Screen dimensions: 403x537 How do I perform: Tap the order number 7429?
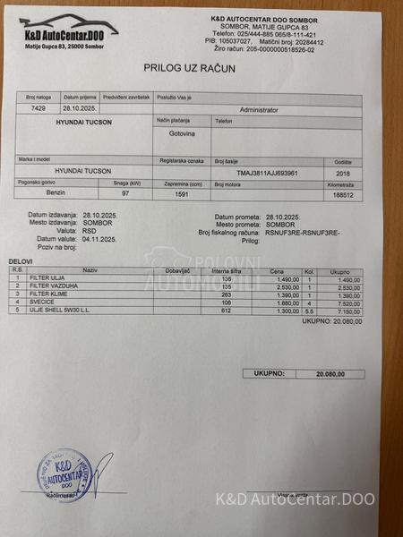click(39, 107)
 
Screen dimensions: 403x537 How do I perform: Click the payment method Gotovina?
click(182, 132)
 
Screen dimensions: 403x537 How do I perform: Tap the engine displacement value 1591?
click(182, 193)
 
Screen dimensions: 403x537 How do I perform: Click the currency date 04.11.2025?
click(100, 239)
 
